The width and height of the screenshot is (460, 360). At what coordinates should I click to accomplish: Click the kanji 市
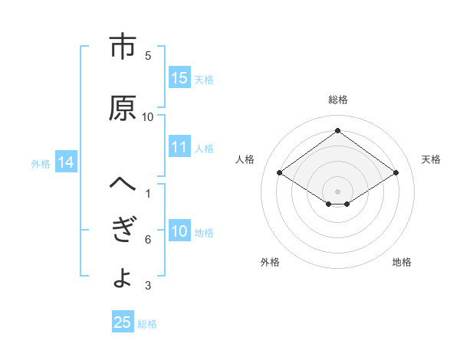122,47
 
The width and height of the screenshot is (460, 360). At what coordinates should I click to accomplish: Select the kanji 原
122,109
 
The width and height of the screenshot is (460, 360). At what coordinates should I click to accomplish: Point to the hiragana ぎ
122,231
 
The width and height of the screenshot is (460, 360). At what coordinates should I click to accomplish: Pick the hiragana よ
122,277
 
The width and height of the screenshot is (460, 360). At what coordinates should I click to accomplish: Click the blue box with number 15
179,78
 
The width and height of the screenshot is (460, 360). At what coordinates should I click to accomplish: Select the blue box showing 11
179,147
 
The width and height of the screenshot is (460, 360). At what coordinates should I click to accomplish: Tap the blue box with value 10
179,231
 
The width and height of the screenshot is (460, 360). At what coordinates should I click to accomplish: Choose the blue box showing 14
65,162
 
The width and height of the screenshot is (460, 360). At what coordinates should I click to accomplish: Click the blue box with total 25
123,322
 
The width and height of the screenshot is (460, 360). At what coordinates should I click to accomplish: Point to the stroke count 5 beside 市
148,55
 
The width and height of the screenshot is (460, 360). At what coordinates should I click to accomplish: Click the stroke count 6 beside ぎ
148,240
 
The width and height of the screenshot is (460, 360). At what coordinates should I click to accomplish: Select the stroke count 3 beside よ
148,286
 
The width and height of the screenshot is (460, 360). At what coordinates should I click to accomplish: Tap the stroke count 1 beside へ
148,193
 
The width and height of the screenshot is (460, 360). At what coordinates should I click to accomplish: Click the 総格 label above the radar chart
337,100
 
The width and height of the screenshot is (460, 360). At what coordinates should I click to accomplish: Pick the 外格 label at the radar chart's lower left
270,262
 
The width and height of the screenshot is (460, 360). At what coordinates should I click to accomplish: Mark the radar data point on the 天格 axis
396,173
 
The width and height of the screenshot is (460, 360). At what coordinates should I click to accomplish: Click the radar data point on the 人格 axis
280,173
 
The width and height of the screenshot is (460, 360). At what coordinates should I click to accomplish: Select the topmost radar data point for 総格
337,131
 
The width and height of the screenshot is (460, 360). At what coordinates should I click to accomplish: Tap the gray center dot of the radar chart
337,190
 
